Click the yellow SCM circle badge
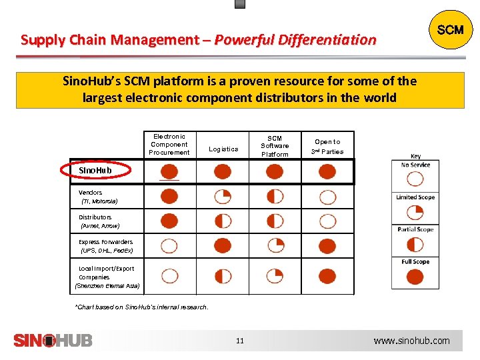tap(450, 31)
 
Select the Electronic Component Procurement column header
tap(169, 145)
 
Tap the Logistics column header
tap(223, 149)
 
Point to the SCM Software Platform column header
tap(275, 146)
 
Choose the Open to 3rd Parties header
tap(327, 147)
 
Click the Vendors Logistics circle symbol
tap(223, 197)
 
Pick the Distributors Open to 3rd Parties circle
tap(327, 221)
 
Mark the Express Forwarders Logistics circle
tap(223, 246)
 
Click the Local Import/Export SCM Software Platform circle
tap(275, 275)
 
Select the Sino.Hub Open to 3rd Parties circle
tap(327, 172)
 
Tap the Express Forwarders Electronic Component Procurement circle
tap(169, 246)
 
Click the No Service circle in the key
tap(415, 179)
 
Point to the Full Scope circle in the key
tap(415, 276)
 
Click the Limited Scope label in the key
tap(415, 197)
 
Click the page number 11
tap(240, 341)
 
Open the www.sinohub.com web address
tap(411, 341)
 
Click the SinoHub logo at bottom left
tap(53, 340)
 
